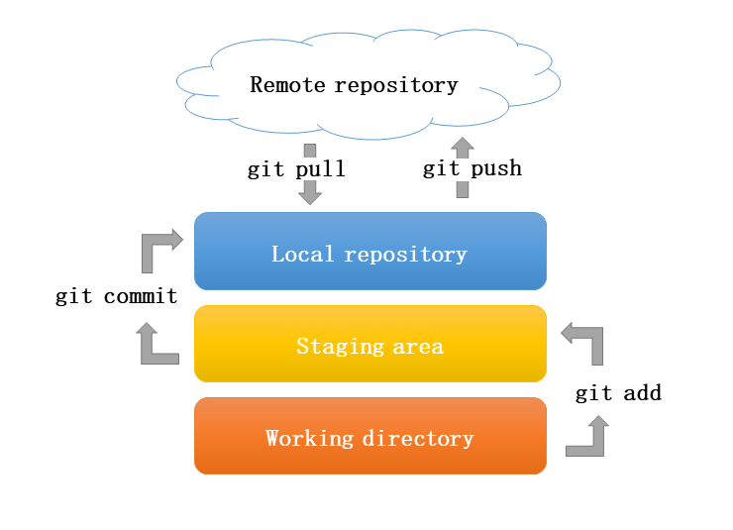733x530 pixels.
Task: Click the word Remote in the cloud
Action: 287,85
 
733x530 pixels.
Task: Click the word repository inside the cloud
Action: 396,85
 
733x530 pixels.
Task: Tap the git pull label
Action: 296,169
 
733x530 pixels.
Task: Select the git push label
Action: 471,168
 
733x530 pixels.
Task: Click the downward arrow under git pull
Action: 310,188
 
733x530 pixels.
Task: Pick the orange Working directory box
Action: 370,437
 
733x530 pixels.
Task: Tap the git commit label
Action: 116,296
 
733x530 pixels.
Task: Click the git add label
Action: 618,394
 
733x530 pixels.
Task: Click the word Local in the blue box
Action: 303,255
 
